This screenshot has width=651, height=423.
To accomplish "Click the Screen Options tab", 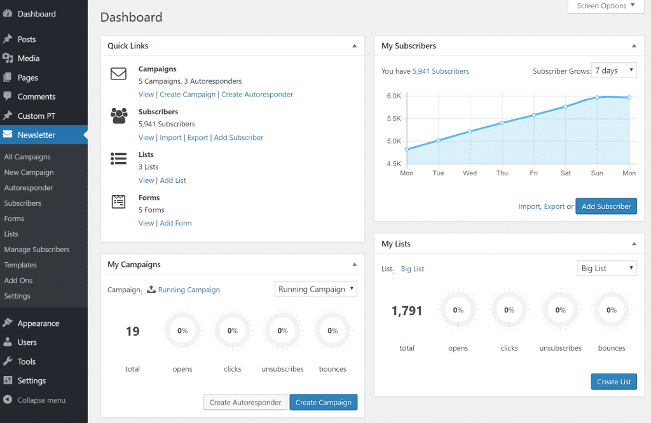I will (x=601, y=6).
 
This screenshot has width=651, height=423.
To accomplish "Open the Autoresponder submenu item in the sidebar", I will (x=29, y=188).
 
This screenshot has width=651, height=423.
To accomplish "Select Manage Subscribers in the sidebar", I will (x=37, y=250).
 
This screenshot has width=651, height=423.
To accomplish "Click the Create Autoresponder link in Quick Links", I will (x=257, y=95).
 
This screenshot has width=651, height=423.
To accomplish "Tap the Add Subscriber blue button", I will (x=606, y=206).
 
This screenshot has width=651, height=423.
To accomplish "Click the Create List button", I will (x=613, y=382).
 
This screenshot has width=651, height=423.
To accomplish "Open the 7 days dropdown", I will (x=613, y=70).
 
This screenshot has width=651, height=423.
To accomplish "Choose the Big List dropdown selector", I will (x=606, y=269).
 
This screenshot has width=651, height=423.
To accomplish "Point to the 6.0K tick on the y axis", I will (x=394, y=97).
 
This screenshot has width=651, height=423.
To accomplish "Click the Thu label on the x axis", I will (x=502, y=173).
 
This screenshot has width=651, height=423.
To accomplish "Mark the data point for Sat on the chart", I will (x=565, y=106).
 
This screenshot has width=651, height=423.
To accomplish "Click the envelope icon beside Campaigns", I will (x=119, y=74).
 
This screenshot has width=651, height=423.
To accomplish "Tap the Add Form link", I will (x=175, y=224).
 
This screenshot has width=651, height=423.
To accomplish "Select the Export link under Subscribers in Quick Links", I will (x=198, y=138).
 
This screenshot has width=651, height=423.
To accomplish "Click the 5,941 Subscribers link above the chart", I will (x=441, y=72).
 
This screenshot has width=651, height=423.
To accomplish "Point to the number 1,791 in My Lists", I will (x=407, y=311).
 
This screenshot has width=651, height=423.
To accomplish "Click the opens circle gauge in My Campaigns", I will (x=182, y=331).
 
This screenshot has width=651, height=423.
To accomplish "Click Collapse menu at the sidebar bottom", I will (x=41, y=400).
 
